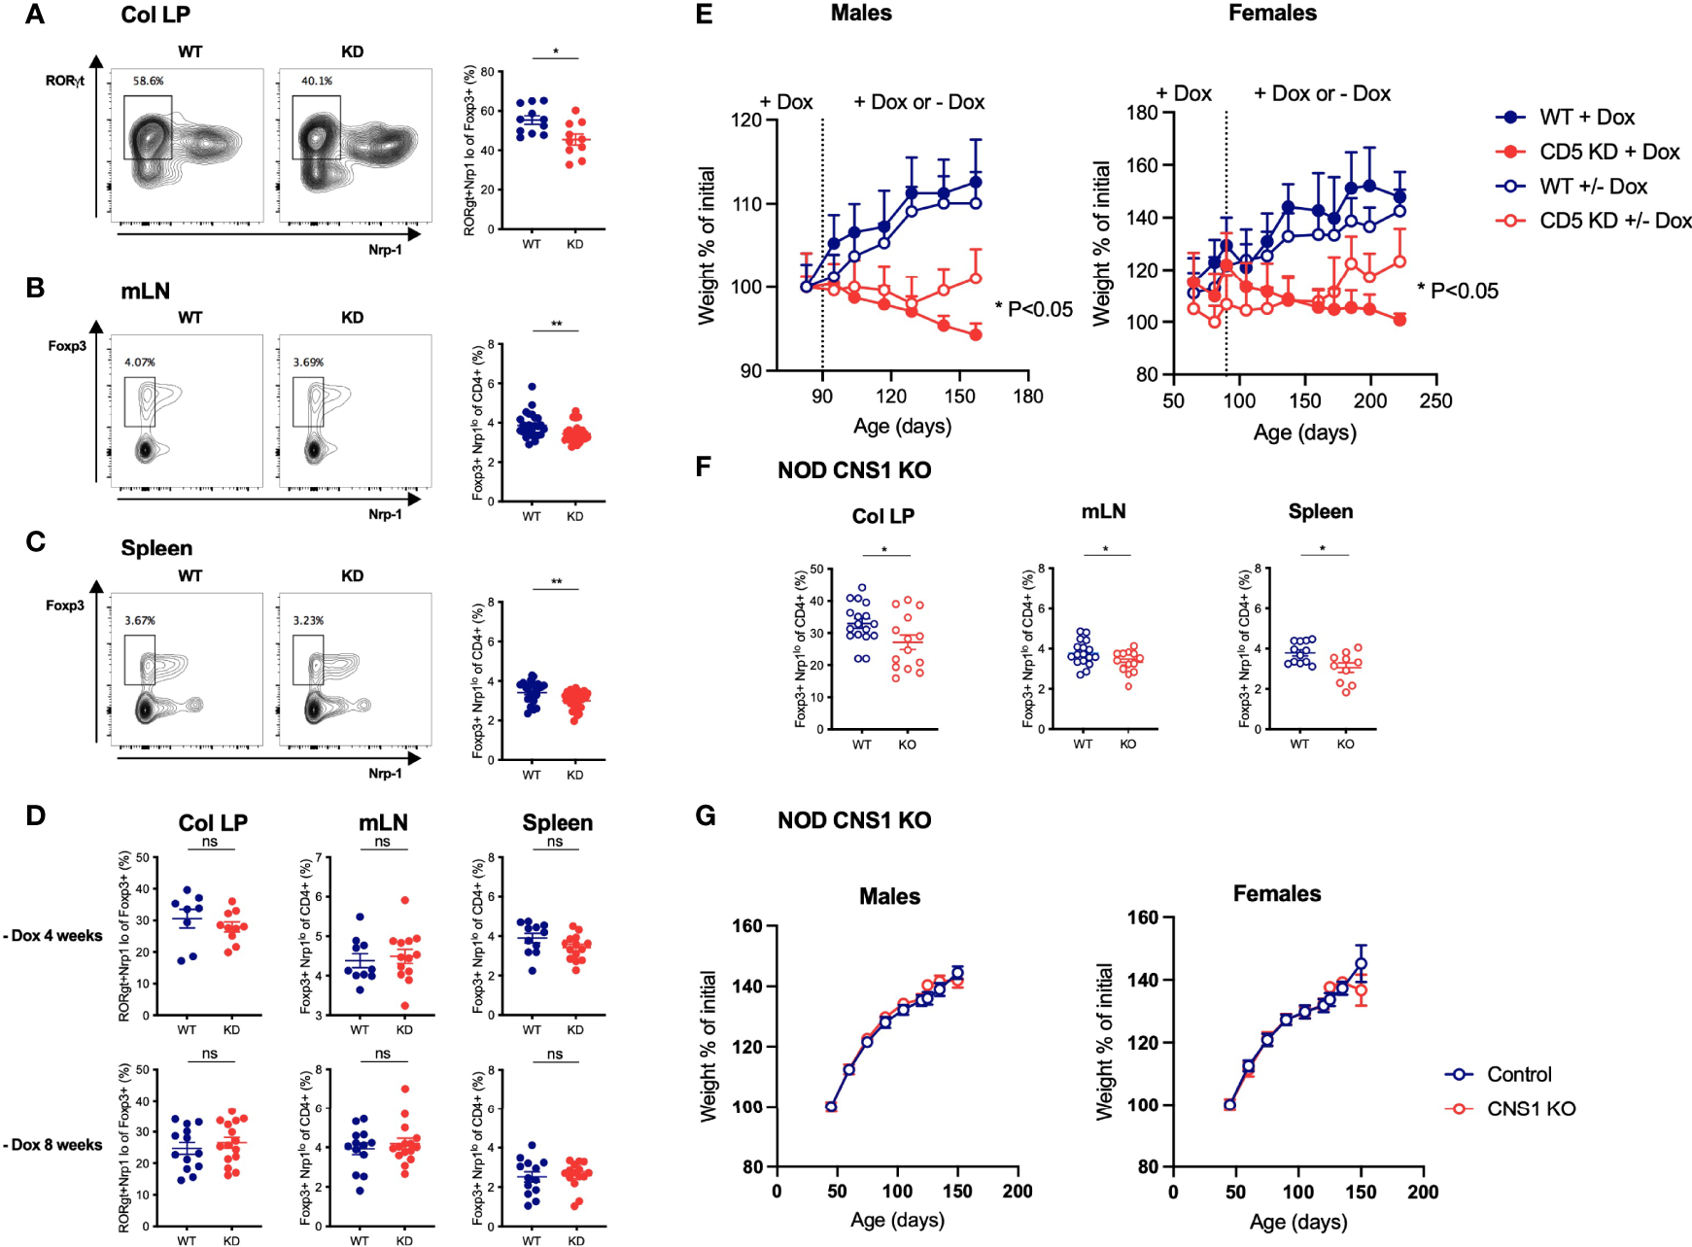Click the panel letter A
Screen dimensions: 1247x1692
point(35,15)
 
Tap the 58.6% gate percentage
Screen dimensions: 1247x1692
point(148,81)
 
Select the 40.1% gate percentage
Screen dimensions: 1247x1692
point(316,81)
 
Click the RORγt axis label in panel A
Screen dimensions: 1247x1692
point(65,81)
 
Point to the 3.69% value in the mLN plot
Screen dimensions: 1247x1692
point(308,363)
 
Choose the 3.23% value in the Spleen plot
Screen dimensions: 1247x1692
point(308,620)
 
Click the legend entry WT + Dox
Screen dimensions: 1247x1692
point(1586,118)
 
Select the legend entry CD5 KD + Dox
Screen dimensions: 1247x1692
point(1608,152)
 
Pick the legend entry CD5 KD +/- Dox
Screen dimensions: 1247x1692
point(1614,221)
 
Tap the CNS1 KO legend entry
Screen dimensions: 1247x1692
point(1531,1109)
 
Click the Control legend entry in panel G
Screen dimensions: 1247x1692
point(1519,1074)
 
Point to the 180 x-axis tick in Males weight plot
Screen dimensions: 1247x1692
point(1027,397)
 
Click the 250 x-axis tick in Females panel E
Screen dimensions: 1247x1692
point(1434,401)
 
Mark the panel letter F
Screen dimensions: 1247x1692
point(705,468)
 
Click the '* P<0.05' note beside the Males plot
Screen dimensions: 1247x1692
point(1034,310)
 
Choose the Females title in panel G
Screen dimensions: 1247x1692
point(1276,893)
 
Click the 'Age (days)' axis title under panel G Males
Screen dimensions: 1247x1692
point(897,1220)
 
